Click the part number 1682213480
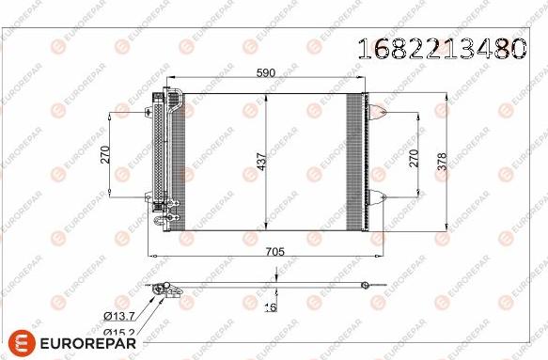[443, 48]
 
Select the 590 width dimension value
[266, 72]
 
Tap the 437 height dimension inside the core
[261, 162]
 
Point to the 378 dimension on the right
[442, 162]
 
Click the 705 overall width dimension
[275, 251]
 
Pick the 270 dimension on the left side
[105, 154]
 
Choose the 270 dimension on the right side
[414, 158]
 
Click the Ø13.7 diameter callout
[119, 317]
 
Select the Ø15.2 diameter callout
[119, 333]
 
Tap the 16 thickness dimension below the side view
[271, 307]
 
